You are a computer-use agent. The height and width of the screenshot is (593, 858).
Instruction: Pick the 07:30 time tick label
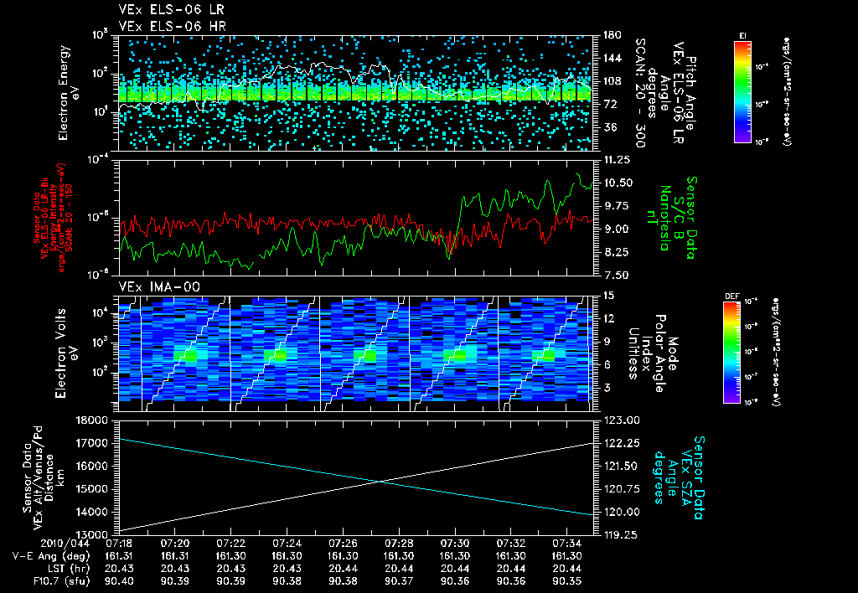(x=454, y=543)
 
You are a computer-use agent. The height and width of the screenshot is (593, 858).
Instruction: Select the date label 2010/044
(x=34, y=543)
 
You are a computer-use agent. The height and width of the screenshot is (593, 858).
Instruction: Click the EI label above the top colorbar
(x=742, y=35)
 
